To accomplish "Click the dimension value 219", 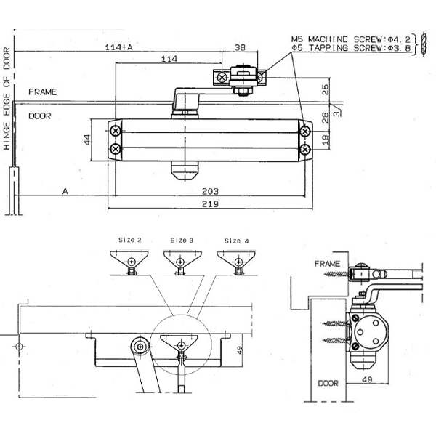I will pyautogui.click(x=210, y=204).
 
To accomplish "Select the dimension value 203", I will pyautogui.click(x=210, y=191).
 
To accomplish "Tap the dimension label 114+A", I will pyautogui.click(x=118, y=47).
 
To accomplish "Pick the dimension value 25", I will pyautogui.click(x=325, y=90).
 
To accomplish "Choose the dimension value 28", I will pyautogui.click(x=325, y=116).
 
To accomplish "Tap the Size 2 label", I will pyautogui.click(x=129, y=239).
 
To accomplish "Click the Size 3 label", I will pyautogui.click(x=182, y=239).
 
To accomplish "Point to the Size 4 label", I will pyautogui.click(x=237, y=239).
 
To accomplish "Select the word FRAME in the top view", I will pyautogui.click(x=42, y=92).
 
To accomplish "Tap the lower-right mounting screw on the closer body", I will pyautogui.click(x=305, y=149).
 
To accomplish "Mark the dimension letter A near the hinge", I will pyautogui.click(x=65, y=191).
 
